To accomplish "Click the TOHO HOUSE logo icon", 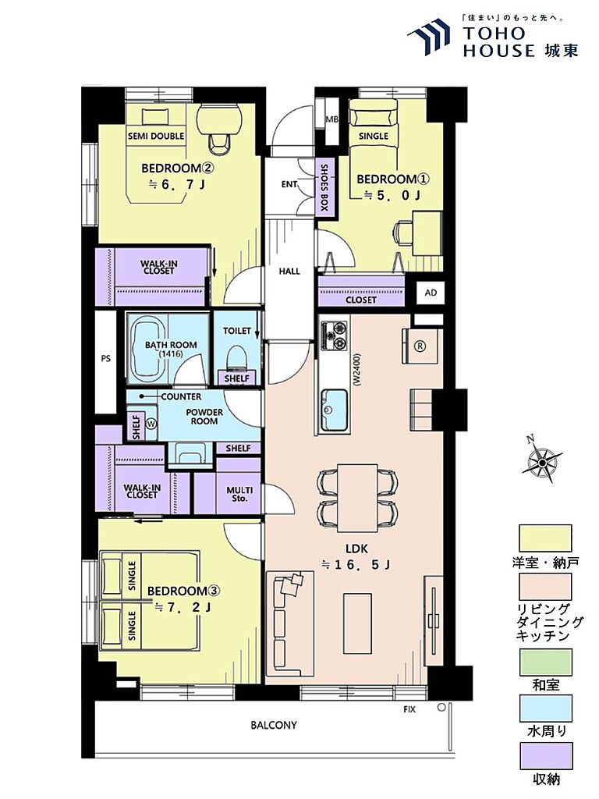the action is [x=429, y=36].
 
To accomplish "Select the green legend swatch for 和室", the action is [x=545, y=662].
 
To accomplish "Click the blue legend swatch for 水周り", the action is [x=545, y=708].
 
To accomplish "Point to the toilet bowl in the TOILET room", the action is [x=237, y=357].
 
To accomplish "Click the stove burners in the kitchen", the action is [x=335, y=336].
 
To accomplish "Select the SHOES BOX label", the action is [x=324, y=187].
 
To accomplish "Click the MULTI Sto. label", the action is [x=239, y=494].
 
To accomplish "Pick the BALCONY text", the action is [x=274, y=725].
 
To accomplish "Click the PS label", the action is [x=105, y=358].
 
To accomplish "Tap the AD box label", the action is [x=431, y=293].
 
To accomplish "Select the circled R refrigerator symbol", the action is [x=420, y=346].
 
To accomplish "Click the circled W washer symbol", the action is [x=151, y=424].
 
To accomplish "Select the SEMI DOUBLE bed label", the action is [x=156, y=136].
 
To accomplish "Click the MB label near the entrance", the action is [x=332, y=120].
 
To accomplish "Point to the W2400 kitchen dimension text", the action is [x=356, y=369].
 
